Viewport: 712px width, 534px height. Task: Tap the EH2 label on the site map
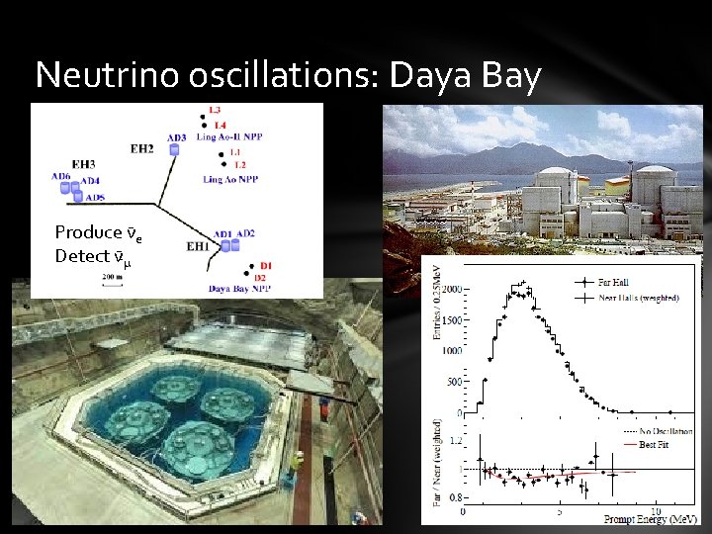pos(142,149)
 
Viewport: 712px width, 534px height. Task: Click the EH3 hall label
pos(84,164)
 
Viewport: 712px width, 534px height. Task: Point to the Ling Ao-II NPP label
pos(233,136)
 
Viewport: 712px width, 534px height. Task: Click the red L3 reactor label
pos(216,110)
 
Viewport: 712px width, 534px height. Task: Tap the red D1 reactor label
pos(265,265)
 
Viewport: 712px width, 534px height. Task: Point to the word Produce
pos(88,232)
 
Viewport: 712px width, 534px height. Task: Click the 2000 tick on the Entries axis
pos(452,290)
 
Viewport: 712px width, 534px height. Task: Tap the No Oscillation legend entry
pos(665,431)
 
